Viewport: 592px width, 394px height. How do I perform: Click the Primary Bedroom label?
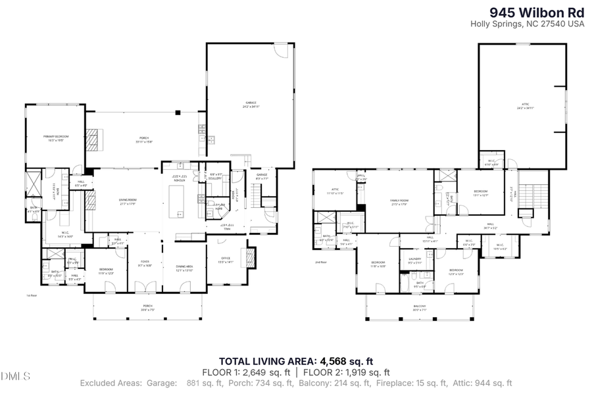[56, 137]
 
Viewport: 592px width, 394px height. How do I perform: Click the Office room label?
[225, 261]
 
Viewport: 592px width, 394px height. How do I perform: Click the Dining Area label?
[184, 268]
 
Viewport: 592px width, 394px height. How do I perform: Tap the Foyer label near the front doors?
[146, 266]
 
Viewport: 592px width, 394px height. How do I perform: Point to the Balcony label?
[420, 308]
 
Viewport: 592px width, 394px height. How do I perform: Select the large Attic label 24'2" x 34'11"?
[524, 106]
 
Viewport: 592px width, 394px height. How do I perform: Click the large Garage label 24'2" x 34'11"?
[251, 105]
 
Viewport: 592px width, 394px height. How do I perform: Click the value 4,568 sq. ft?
[347, 360]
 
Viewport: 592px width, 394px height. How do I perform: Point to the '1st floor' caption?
[30, 295]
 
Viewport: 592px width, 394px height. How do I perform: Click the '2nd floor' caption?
[321, 262]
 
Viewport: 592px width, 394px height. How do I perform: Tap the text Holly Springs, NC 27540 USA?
[527, 24]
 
